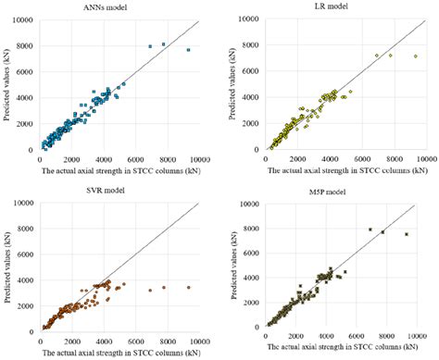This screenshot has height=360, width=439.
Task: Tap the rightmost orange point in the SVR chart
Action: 188,287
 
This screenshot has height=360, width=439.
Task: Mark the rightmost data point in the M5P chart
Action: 407,234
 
